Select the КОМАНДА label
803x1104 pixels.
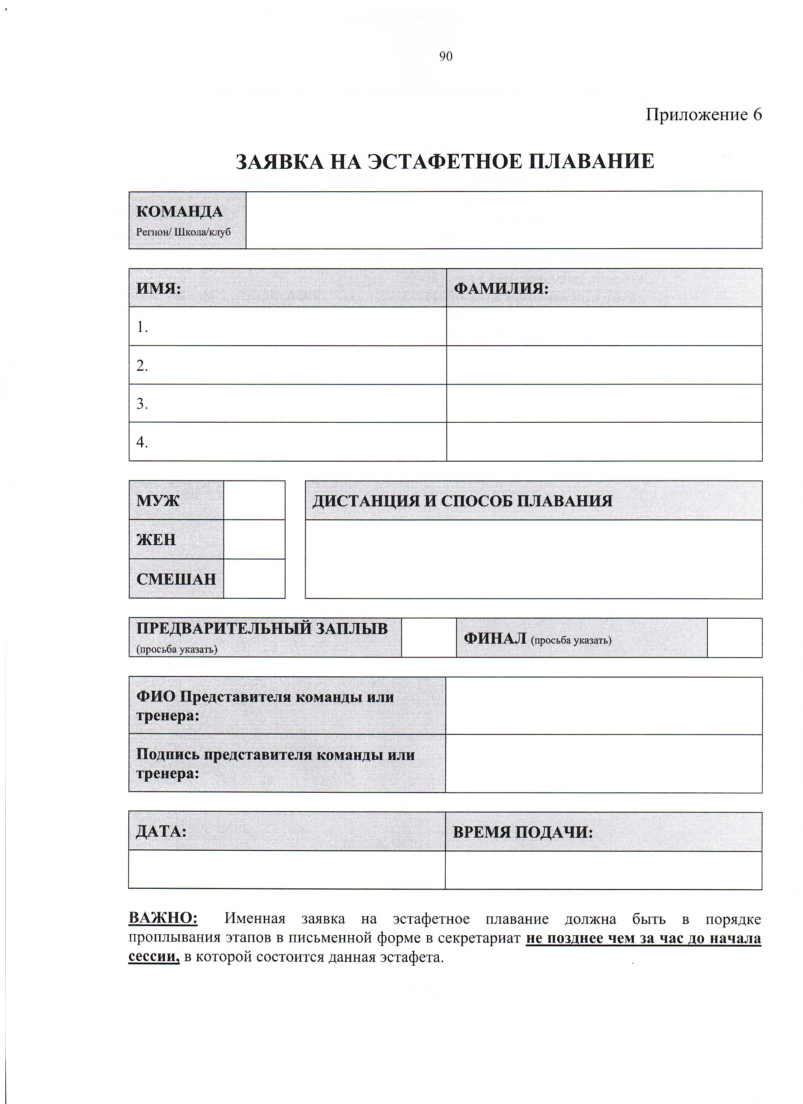180,211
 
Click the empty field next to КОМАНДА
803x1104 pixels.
504,220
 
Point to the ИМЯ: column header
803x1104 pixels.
159,288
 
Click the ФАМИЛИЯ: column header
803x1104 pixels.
501,288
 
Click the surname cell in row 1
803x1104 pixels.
604,327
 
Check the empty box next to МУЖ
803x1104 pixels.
254,500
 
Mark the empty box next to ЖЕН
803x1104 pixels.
254,539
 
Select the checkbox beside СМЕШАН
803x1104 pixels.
254,579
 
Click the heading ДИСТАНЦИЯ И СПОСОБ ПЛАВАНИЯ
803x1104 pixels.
462,501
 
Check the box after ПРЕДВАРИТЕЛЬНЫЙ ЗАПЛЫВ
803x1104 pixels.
429,638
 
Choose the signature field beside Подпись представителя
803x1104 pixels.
604,764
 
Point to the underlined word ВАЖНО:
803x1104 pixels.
163,918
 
